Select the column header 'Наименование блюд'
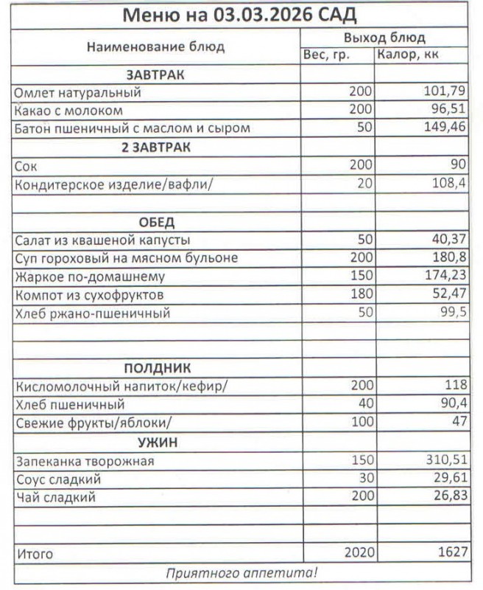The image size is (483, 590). (155, 46)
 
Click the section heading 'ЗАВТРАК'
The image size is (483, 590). (155, 74)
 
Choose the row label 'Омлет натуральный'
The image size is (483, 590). (77, 93)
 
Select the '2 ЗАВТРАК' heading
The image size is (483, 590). (155, 147)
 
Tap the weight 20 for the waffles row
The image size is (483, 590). (364, 183)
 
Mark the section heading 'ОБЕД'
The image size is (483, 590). (155, 222)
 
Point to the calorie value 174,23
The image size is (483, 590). (443, 277)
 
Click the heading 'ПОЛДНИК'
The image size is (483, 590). (155, 367)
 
